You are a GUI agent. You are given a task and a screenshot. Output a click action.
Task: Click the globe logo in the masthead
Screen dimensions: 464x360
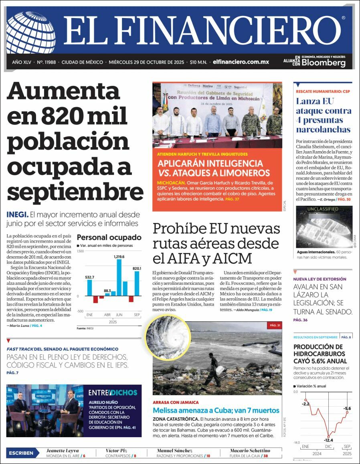(x=30, y=32)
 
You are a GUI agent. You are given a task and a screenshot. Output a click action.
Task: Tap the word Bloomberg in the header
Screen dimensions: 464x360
(x=323, y=63)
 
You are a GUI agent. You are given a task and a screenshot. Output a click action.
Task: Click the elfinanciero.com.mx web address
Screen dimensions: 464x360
(x=241, y=62)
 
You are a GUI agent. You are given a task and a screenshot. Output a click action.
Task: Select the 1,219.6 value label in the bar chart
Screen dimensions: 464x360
(x=119, y=257)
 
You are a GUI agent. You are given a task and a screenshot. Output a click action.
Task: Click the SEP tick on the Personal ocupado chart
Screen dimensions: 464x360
(x=137, y=315)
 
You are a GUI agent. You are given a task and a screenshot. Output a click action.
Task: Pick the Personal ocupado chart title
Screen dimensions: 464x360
(x=109, y=237)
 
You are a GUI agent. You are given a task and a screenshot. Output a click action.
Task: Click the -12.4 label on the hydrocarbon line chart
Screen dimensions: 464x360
(x=328, y=440)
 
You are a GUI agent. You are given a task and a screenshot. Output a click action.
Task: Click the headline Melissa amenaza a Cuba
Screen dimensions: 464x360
(x=216, y=410)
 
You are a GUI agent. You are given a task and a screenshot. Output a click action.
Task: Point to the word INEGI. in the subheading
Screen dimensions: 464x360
(x=17, y=214)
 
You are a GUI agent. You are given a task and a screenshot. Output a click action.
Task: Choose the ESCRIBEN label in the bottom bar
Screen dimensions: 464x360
(x=21, y=453)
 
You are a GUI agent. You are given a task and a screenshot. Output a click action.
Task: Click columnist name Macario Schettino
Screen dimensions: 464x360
(x=250, y=450)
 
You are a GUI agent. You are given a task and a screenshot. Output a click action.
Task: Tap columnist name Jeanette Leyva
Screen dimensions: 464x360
(x=63, y=450)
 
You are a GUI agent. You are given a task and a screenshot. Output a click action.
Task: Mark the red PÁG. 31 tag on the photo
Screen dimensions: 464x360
(x=274, y=325)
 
